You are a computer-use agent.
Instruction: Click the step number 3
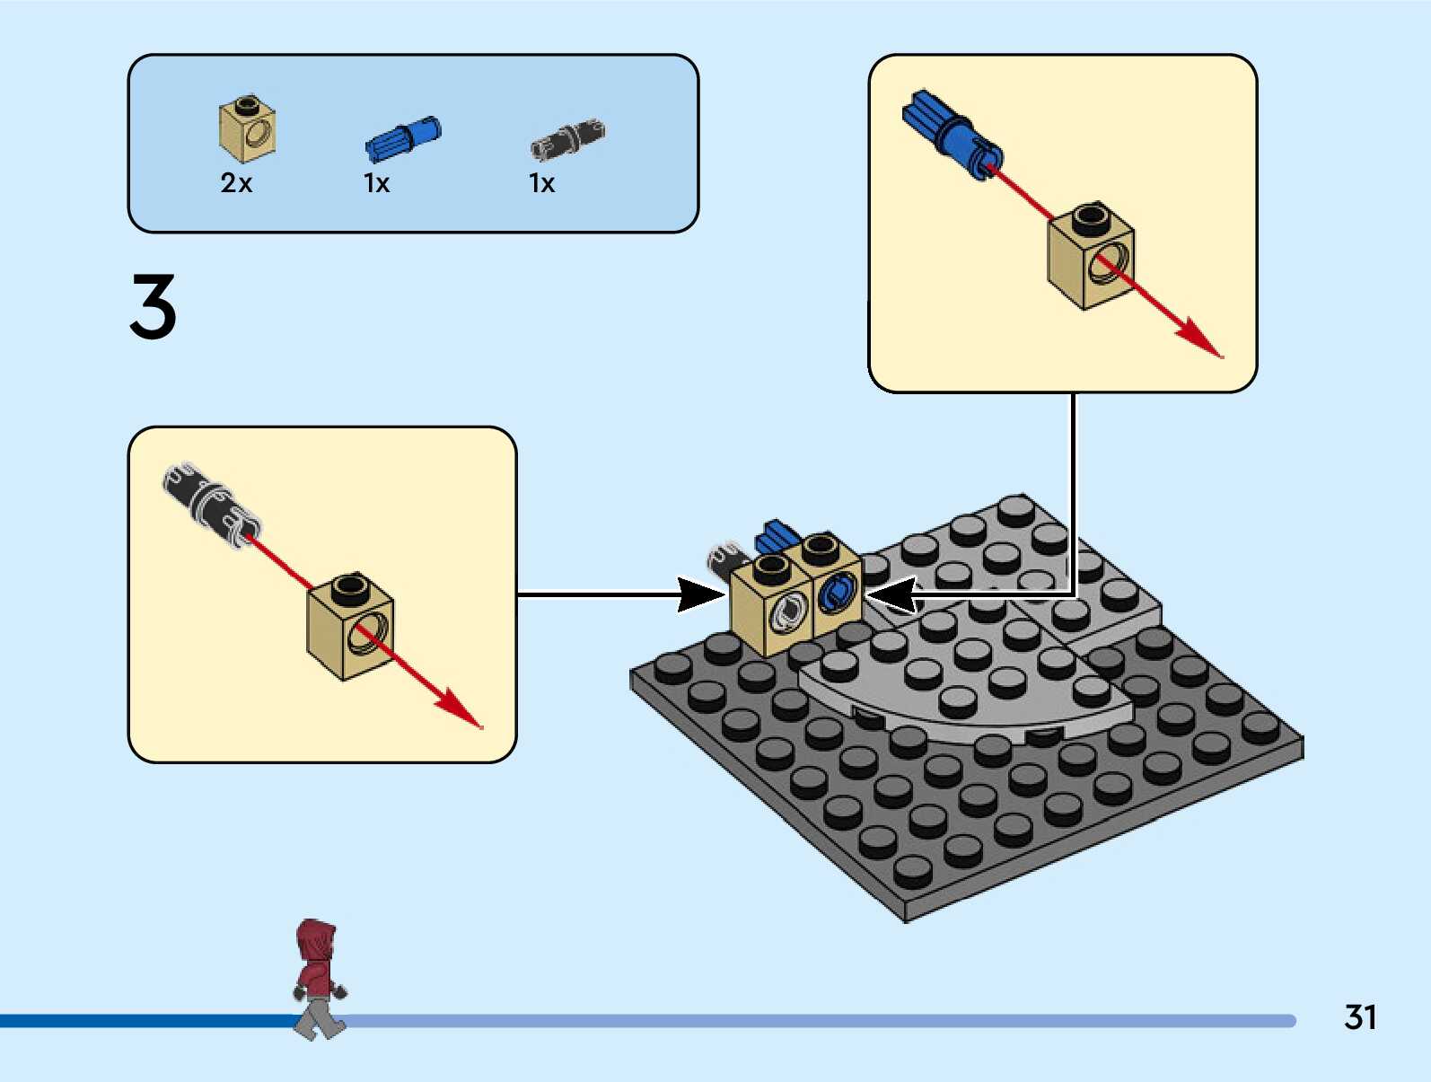(153, 307)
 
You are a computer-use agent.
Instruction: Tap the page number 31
(1360, 1017)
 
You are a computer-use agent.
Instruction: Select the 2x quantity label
(236, 183)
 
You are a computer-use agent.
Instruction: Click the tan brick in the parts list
(247, 128)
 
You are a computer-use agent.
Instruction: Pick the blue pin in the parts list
(403, 139)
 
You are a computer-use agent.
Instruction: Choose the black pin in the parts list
(567, 139)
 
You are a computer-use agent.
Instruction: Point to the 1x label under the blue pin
(376, 183)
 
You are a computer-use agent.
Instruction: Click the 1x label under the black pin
(541, 183)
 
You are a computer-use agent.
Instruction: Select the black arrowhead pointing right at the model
(702, 594)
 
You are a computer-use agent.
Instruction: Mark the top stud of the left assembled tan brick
(771, 566)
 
